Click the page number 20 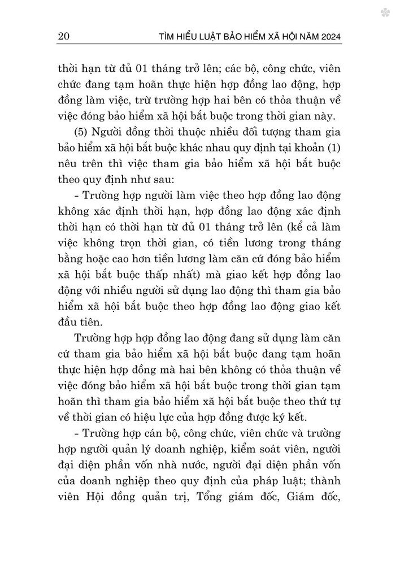click(x=64, y=38)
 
